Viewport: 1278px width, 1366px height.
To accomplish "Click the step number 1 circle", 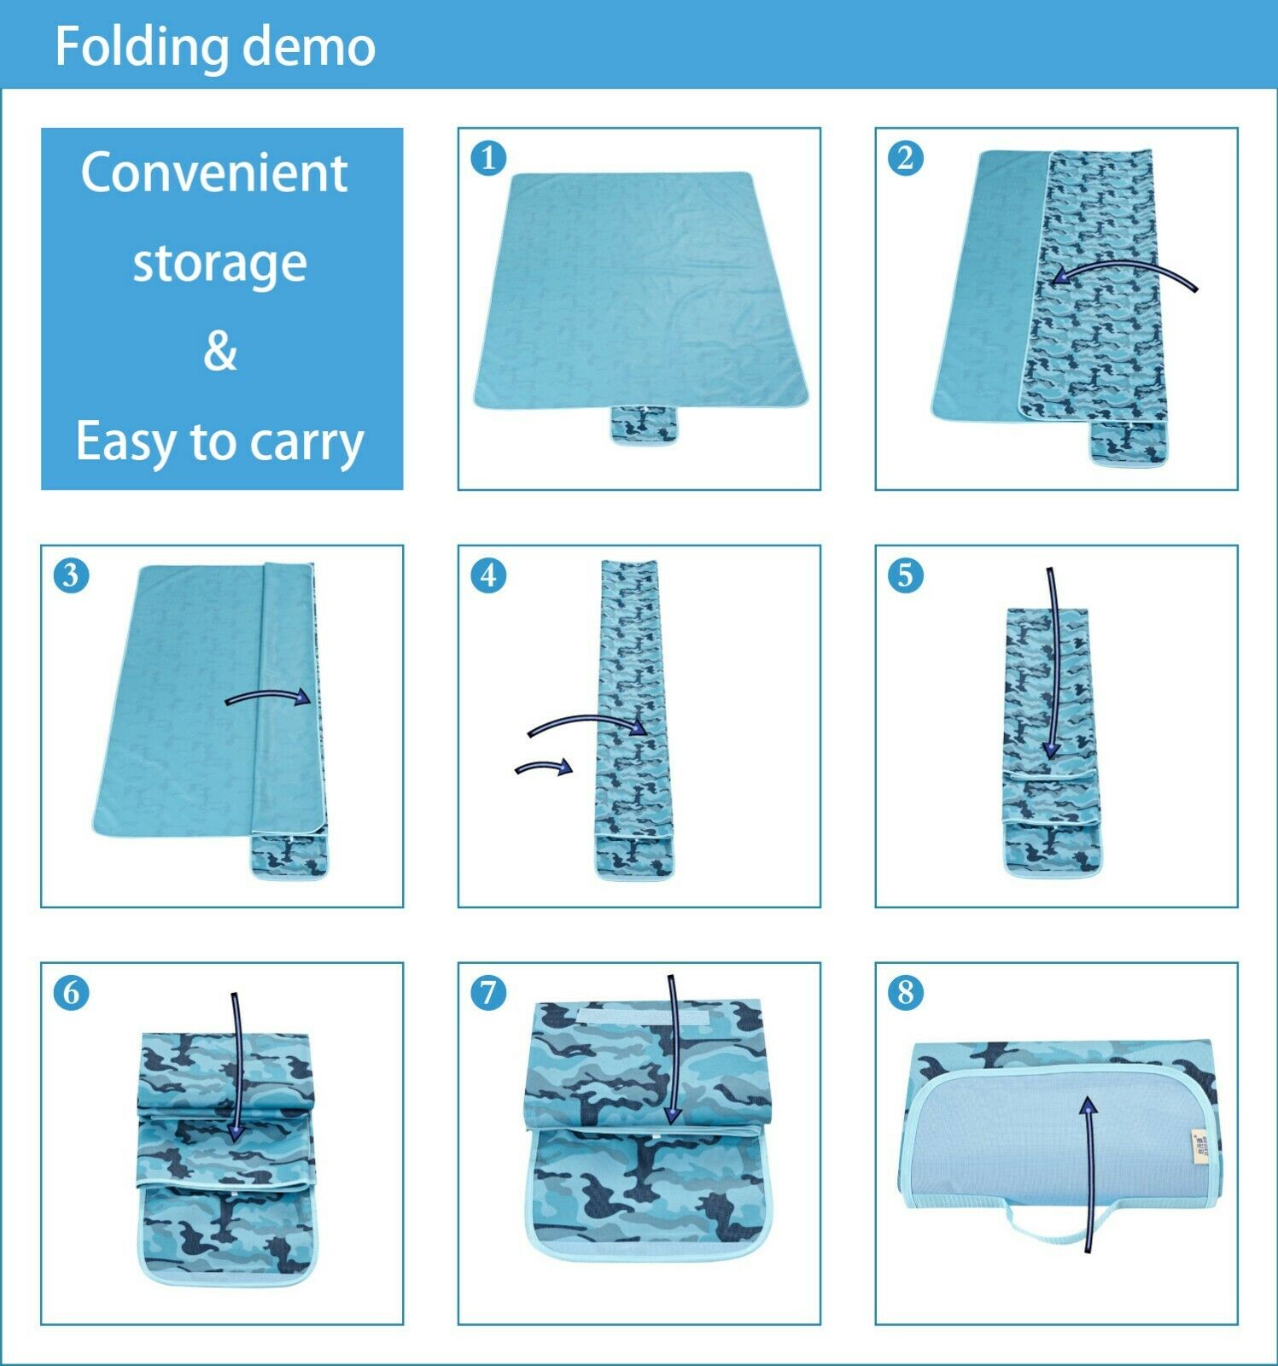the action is (x=488, y=158).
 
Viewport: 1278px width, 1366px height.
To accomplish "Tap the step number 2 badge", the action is (x=906, y=158).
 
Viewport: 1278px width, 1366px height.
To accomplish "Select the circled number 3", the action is (x=71, y=575).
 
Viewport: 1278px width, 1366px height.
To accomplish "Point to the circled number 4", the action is (x=488, y=575).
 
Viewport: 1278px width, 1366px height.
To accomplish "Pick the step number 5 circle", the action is (x=906, y=575).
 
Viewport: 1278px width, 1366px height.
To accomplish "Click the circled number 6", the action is (x=71, y=993).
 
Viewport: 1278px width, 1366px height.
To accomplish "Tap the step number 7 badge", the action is (x=488, y=993).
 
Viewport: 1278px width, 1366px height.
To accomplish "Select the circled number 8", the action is (x=906, y=993).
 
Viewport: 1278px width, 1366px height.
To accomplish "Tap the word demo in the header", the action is (x=308, y=47).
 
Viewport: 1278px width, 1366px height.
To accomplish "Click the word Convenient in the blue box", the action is (x=214, y=172).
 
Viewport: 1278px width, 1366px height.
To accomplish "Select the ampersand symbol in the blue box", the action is (x=220, y=350).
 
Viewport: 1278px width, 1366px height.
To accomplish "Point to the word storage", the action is (x=220, y=264).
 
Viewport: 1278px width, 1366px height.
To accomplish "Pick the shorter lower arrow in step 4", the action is (x=544, y=767).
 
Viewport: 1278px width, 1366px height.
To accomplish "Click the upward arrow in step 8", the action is (x=1089, y=1175).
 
